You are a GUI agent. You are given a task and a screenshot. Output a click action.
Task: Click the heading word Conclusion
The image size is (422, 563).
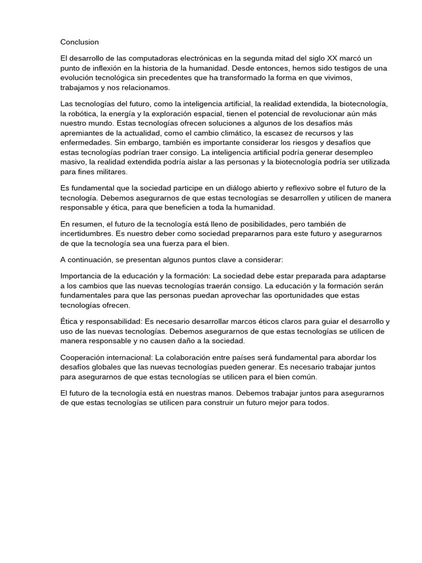tap(80, 42)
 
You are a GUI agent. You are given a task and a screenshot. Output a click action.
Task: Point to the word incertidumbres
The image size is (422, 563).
tap(87, 233)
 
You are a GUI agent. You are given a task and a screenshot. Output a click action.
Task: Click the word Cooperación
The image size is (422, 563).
tap(85, 358)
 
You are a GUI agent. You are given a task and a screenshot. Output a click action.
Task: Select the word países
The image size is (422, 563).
tap(265, 358)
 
